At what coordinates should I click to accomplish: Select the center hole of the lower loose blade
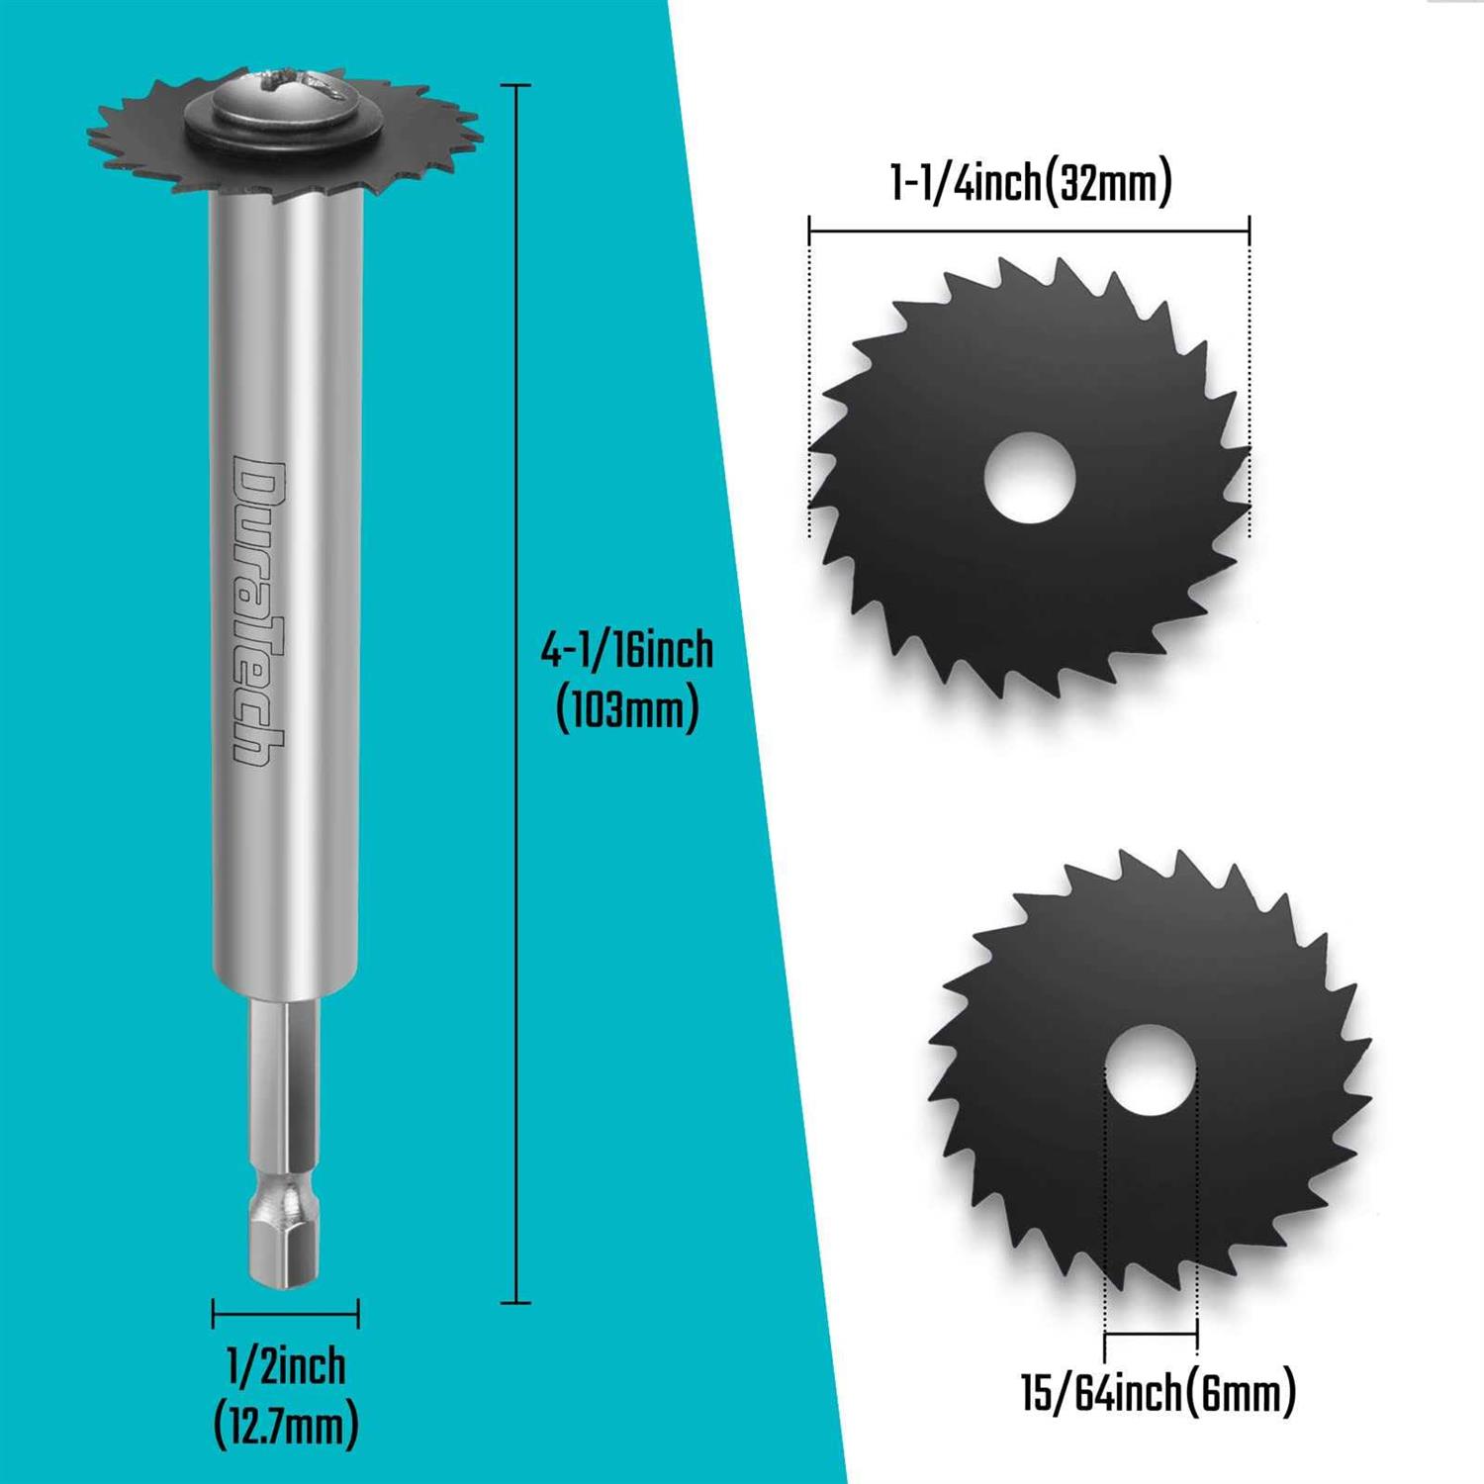tap(1150, 1072)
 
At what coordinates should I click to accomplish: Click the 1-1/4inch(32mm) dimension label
tap(1031, 184)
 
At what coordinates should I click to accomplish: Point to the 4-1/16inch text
tap(626, 650)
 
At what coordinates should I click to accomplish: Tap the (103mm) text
tap(626, 708)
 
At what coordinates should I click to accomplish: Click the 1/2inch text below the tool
tap(286, 1366)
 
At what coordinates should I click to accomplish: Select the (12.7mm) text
tap(286, 1426)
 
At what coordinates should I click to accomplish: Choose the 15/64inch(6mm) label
tap(1159, 1393)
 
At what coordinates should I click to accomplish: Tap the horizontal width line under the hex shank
tap(285, 1314)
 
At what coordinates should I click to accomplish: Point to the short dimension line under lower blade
tap(1151, 1334)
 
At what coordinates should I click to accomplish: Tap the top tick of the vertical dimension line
tap(515, 86)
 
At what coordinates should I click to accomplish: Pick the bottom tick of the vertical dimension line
tap(515, 1302)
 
